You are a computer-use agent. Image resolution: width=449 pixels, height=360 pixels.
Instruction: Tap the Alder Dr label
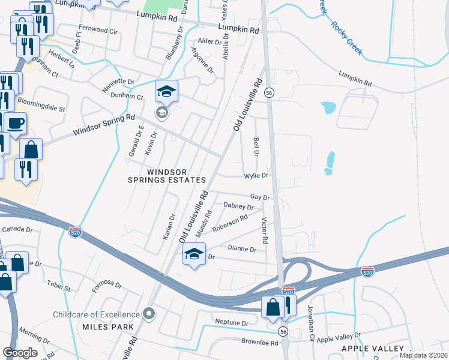209,41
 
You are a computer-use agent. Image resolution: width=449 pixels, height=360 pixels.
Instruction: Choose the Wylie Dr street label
255,176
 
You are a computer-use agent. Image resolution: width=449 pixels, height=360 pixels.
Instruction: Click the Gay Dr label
259,197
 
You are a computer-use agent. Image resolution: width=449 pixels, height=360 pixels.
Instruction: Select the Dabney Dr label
238,206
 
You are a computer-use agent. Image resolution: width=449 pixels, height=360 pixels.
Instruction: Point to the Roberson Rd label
230,223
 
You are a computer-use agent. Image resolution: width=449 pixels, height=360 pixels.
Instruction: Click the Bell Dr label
256,146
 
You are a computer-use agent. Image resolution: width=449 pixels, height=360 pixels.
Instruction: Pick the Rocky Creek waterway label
346,39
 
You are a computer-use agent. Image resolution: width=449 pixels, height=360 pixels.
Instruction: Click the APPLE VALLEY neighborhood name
372,349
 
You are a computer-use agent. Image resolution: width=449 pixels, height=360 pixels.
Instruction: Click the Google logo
20,353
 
